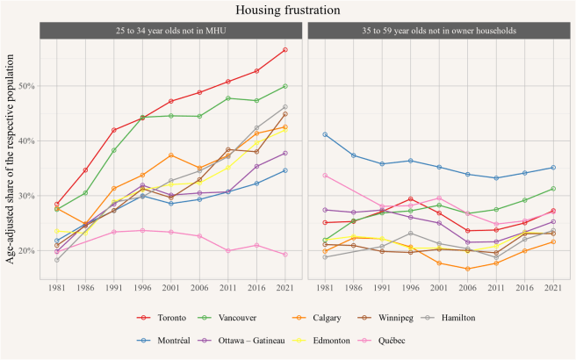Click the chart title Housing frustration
(288, 10)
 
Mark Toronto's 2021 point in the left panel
(285, 50)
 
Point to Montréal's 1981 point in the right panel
(325, 134)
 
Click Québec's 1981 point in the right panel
(325, 176)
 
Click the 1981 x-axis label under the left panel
(57, 287)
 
